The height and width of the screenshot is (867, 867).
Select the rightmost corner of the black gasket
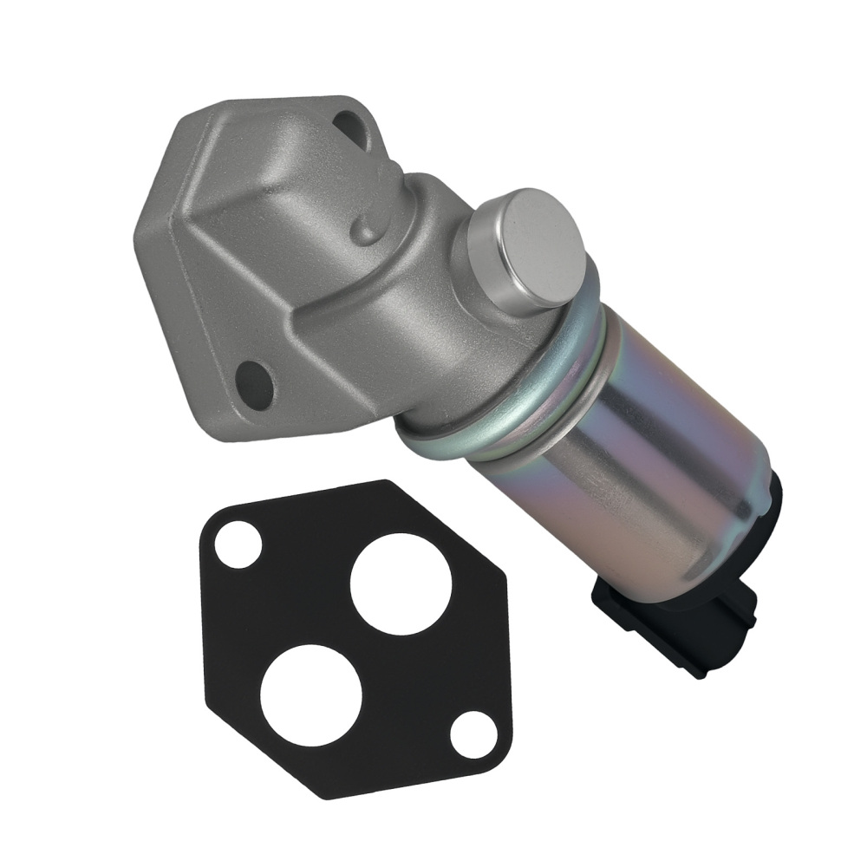[512, 746]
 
